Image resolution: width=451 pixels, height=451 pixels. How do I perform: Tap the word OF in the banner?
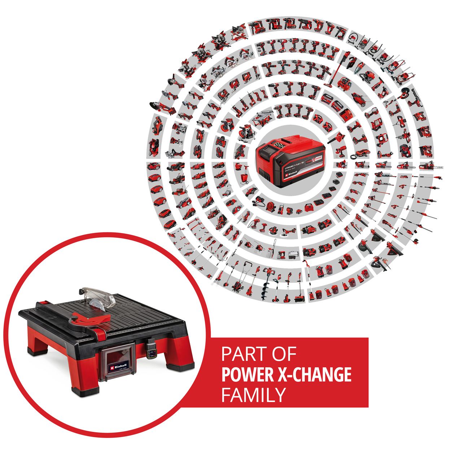tap(284, 354)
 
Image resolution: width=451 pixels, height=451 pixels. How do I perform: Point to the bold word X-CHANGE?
tap(318, 375)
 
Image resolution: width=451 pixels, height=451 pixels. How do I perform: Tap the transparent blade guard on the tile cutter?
tap(97, 297)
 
